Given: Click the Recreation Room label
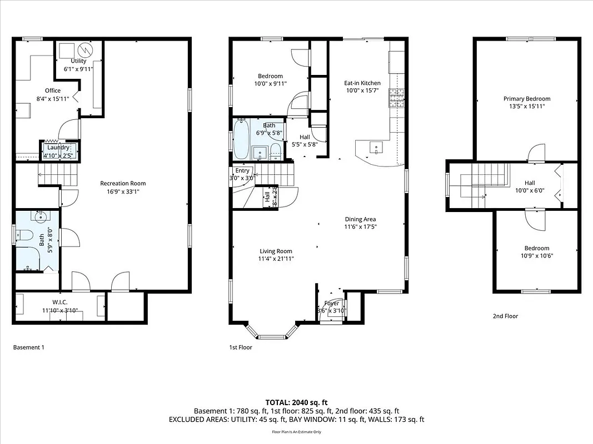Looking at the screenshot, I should pos(123,183).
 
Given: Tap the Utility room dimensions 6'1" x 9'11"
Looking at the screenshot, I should pos(78,69).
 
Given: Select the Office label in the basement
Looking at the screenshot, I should pos(53,90).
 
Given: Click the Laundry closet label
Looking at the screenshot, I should pos(58,148).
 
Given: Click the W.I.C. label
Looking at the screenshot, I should pos(60,302).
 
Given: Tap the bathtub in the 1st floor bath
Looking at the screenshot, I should pos(241,139).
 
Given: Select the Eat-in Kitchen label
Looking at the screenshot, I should pos(362,83).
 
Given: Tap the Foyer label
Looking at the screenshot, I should pos(331,304).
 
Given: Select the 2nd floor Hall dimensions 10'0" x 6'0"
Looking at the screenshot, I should pos(529,190).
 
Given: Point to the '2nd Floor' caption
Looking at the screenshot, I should pos(505,316).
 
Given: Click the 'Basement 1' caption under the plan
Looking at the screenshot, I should pos(28,347).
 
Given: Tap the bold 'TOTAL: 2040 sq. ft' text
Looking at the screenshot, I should pos(296,402).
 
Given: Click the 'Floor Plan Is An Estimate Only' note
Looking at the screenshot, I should pos(296,431).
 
